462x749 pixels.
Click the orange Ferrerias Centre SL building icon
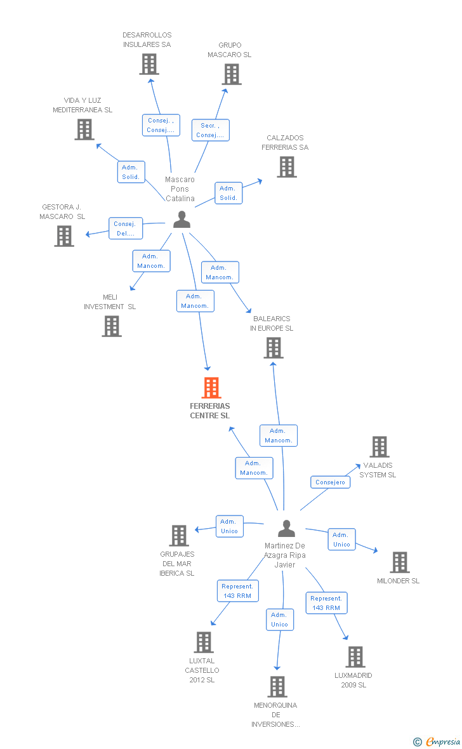click(211, 387)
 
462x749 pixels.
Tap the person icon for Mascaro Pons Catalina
click(181, 219)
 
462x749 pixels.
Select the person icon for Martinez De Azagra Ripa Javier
click(287, 528)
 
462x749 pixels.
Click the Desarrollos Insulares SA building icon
click(149, 64)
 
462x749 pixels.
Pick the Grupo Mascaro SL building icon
click(232, 74)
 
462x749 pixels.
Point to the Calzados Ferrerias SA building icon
click(287, 167)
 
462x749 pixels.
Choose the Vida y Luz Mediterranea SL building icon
click(84, 129)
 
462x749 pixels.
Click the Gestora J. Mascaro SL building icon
click(64, 236)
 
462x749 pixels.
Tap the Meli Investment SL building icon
click(112, 326)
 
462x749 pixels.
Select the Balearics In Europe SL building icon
click(274, 348)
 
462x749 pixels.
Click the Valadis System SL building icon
click(380, 447)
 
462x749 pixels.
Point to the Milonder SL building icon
click(400, 562)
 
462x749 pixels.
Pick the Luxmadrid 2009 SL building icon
click(355, 657)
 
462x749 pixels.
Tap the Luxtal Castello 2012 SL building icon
click(204, 642)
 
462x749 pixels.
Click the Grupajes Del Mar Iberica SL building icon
click(179, 536)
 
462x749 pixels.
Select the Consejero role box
click(330, 482)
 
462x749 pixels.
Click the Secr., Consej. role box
click(210, 130)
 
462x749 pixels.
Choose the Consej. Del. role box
click(125, 229)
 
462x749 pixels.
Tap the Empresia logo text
click(442, 741)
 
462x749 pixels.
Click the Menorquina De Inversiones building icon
click(277, 686)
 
